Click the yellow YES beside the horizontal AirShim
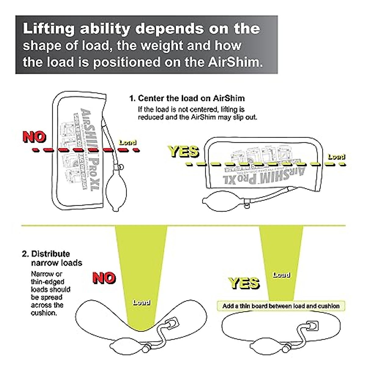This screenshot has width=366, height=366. (184, 152)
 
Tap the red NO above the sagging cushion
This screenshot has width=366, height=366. (104, 278)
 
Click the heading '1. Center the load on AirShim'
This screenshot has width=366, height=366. (187, 98)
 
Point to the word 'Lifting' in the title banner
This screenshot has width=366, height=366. (49, 29)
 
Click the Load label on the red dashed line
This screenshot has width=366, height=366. (127, 142)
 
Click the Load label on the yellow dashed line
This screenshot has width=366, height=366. (336, 157)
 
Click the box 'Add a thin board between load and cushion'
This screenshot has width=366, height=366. (281, 306)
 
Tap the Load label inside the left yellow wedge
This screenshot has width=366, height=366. (141, 302)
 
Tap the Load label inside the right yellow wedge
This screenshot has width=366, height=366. (281, 275)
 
